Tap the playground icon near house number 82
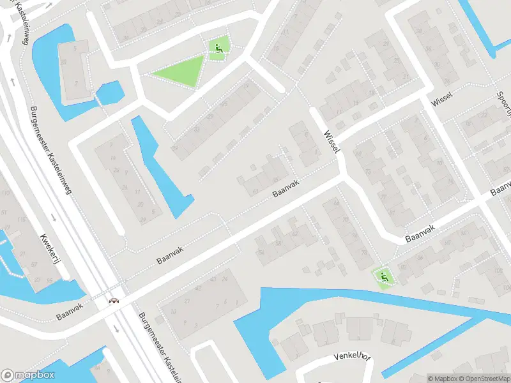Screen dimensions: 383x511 click(x=383, y=278)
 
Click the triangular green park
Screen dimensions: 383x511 click(x=182, y=71)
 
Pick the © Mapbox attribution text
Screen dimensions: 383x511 click(x=442, y=378)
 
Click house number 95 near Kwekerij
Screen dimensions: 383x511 click(x=49, y=279)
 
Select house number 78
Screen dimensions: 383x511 click(x=364, y=253)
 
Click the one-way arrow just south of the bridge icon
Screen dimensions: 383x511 click(x=116, y=330)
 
